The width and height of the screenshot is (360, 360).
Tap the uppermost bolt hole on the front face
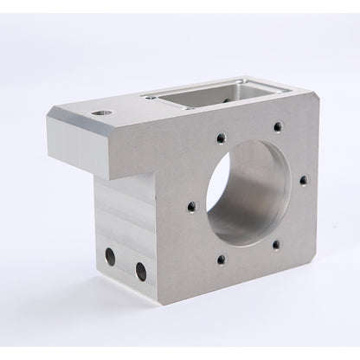click(277, 126)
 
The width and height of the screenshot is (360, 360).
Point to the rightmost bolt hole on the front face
click(303, 181)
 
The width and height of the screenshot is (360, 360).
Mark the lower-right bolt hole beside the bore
click(276, 245)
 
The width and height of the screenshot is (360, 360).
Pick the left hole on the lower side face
click(111, 255)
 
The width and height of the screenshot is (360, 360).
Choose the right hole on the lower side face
click(141, 270)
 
